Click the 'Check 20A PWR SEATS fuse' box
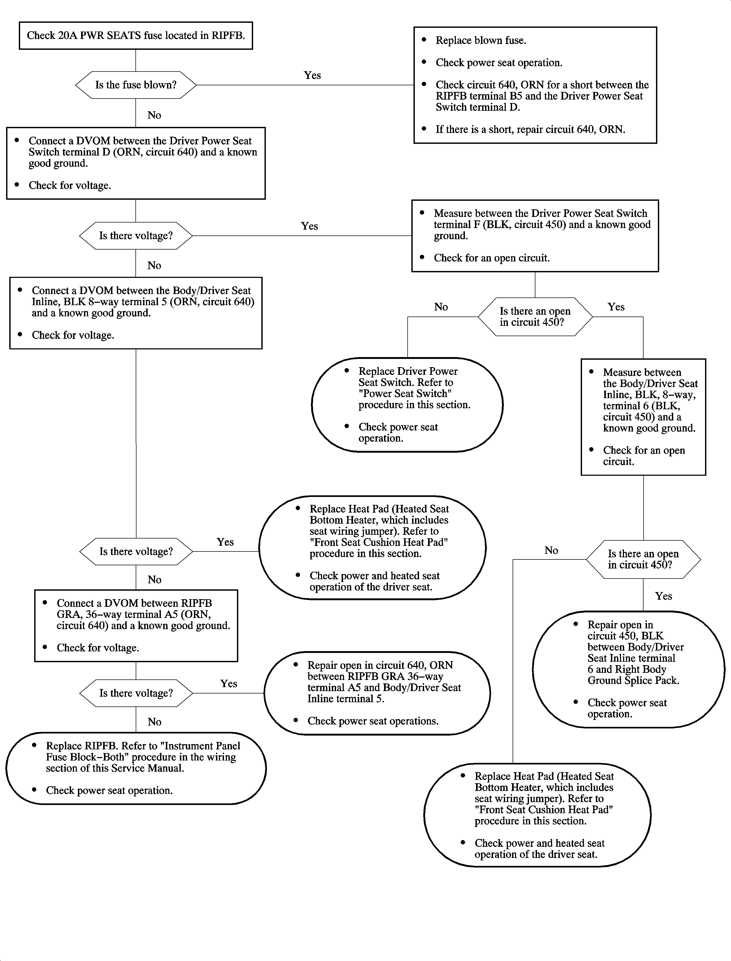click(x=136, y=36)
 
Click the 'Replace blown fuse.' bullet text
click(x=481, y=41)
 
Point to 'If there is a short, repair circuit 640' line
click(x=530, y=130)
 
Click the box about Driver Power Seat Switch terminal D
click(x=136, y=163)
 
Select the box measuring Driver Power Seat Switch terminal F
click(x=535, y=236)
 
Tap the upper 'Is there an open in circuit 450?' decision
click(x=535, y=317)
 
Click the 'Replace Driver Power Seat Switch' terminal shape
click(x=407, y=404)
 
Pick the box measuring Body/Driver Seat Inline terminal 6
click(x=643, y=417)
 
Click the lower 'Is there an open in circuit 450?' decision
click(x=643, y=559)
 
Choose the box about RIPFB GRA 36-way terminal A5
click(x=136, y=625)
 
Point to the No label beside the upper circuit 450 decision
click(x=441, y=307)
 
